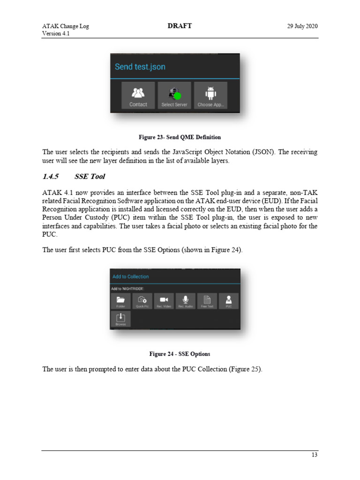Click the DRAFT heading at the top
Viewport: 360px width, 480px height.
(x=180, y=26)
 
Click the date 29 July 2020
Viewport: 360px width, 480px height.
(x=302, y=26)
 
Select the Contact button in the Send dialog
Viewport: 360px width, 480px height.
(x=138, y=96)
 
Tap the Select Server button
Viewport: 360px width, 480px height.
(x=174, y=96)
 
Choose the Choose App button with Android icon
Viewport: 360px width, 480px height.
(x=210, y=96)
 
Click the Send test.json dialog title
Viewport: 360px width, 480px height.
(x=140, y=67)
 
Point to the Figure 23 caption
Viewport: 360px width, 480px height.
(x=180, y=137)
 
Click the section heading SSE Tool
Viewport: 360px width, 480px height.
(x=90, y=177)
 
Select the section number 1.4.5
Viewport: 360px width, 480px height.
(x=50, y=177)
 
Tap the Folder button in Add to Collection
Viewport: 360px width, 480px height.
(x=120, y=301)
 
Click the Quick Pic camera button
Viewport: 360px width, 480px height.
(x=142, y=301)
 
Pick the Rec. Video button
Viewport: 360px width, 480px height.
(x=164, y=301)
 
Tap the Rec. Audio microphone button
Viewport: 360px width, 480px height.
(x=186, y=301)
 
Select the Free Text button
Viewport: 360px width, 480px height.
(x=207, y=301)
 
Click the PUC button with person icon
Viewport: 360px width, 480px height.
(x=229, y=301)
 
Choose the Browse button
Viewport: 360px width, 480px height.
(x=120, y=319)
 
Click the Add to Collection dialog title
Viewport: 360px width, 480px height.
(x=131, y=277)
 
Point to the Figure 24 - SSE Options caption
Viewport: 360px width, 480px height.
(x=180, y=353)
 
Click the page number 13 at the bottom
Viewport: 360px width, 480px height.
(x=315, y=455)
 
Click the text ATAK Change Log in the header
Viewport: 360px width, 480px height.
(x=65, y=26)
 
